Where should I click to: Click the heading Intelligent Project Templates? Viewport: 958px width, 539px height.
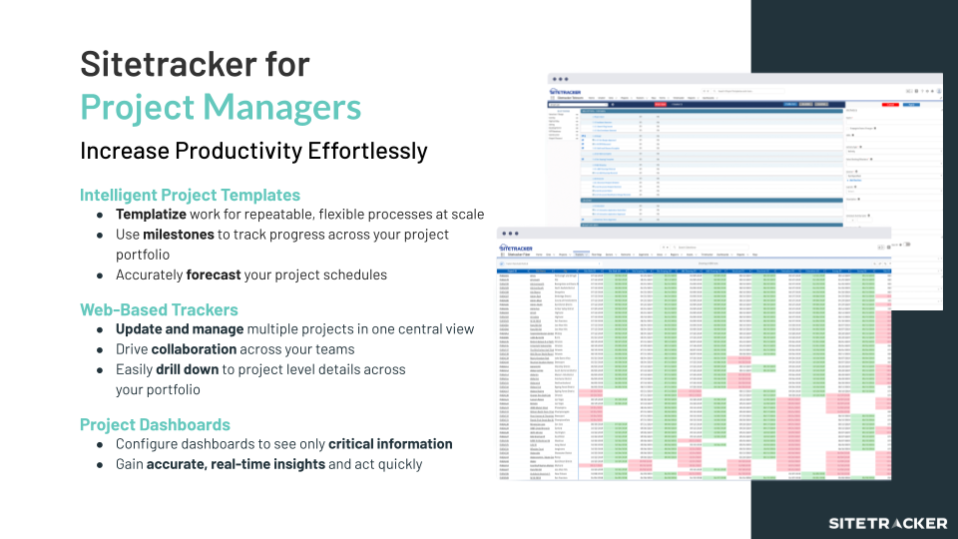(x=190, y=195)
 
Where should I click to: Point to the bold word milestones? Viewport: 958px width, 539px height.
(x=181, y=235)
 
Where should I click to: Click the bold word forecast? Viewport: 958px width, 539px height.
(x=218, y=274)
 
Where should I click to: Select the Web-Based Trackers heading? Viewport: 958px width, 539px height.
(x=159, y=309)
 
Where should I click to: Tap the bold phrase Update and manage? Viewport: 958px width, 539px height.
(x=180, y=329)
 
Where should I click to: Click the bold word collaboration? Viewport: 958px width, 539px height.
(x=194, y=349)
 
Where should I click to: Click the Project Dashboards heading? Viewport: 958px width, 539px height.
(x=155, y=424)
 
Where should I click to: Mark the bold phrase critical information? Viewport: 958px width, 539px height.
(x=390, y=444)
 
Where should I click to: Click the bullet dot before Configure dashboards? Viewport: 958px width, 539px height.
(x=100, y=445)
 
